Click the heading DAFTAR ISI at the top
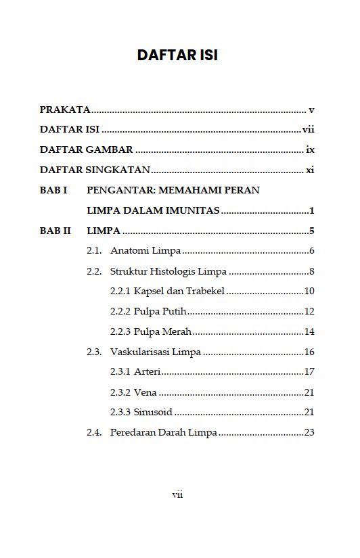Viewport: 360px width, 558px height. point(177,55)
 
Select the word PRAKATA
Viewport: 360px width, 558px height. point(65,110)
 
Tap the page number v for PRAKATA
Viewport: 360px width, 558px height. point(311,110)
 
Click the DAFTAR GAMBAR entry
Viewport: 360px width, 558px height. point(86,149)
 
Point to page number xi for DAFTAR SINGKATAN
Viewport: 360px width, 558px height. point(310,170)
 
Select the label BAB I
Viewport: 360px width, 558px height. point(53,190)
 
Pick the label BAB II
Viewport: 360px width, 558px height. point(55,231)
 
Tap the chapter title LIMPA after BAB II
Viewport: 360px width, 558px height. point(104,231)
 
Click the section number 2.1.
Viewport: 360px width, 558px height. point(94,251)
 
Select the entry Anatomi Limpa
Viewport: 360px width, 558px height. point(145,251)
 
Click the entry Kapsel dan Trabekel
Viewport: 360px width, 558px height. point(179,292)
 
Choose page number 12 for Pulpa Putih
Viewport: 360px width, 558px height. point(309,312)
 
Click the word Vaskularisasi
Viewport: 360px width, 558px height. point(139,352)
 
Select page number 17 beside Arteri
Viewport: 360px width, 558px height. point(309,372)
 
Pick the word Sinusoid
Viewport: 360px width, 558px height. point(153,412)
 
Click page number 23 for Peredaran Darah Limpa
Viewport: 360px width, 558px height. point(309,432)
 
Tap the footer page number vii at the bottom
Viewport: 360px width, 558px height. point(177,494)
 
